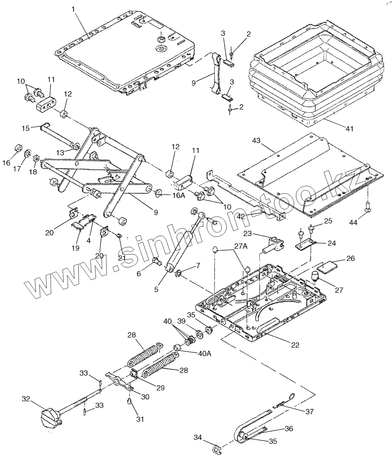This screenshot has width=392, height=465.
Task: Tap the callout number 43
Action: click(x=256, y=141)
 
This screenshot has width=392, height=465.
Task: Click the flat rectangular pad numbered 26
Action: click(x=327, y=266)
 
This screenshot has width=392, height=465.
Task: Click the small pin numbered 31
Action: click(x=129, y=401)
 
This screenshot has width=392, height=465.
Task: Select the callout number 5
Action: click(x=156, y=289)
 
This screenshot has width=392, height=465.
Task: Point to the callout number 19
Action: click(x=75, y=248)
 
